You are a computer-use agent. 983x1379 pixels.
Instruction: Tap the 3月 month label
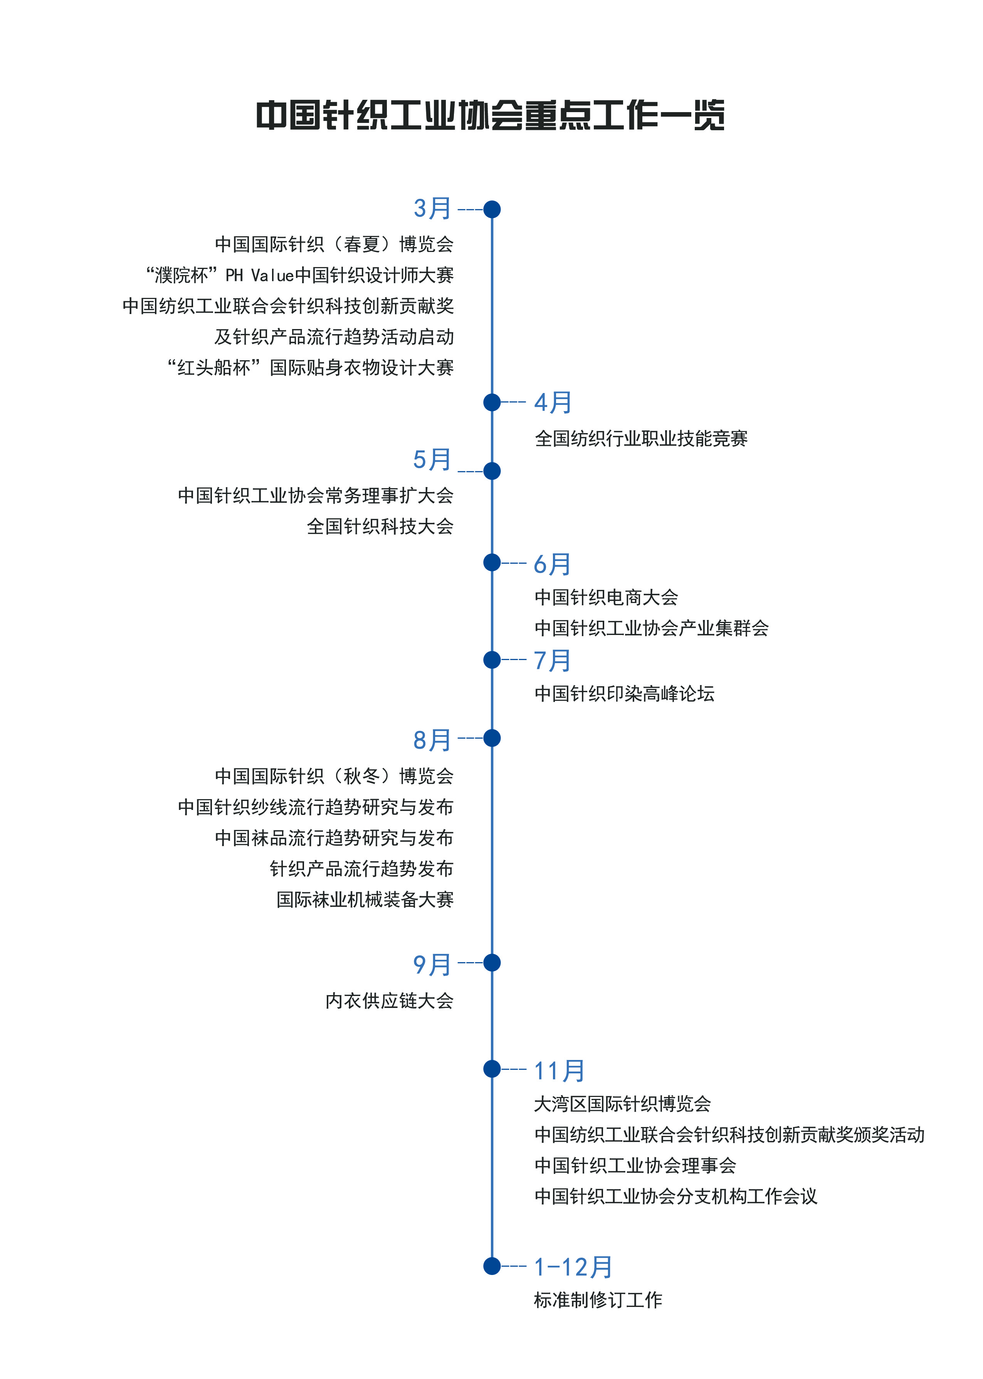click(x=432, y=209)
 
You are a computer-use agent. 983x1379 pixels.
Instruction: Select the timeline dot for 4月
click(x=492, y=402)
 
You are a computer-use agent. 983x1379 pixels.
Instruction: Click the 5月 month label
click(x=432, y=460)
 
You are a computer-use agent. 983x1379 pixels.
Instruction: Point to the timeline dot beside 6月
click(x=492, y=563)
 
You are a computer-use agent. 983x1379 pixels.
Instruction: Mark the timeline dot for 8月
click(x=492, y=738)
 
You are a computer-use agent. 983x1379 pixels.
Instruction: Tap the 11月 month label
click(x=559, y=1071)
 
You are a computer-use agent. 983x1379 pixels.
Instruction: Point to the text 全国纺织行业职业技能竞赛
click(x=641, y=439)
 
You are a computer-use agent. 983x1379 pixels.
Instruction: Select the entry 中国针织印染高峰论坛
click(x=624, y=694)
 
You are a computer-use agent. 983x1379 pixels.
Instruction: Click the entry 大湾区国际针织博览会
click(x=622, y=1104)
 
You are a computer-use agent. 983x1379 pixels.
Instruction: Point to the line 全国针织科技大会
click(x=380, y=526)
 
